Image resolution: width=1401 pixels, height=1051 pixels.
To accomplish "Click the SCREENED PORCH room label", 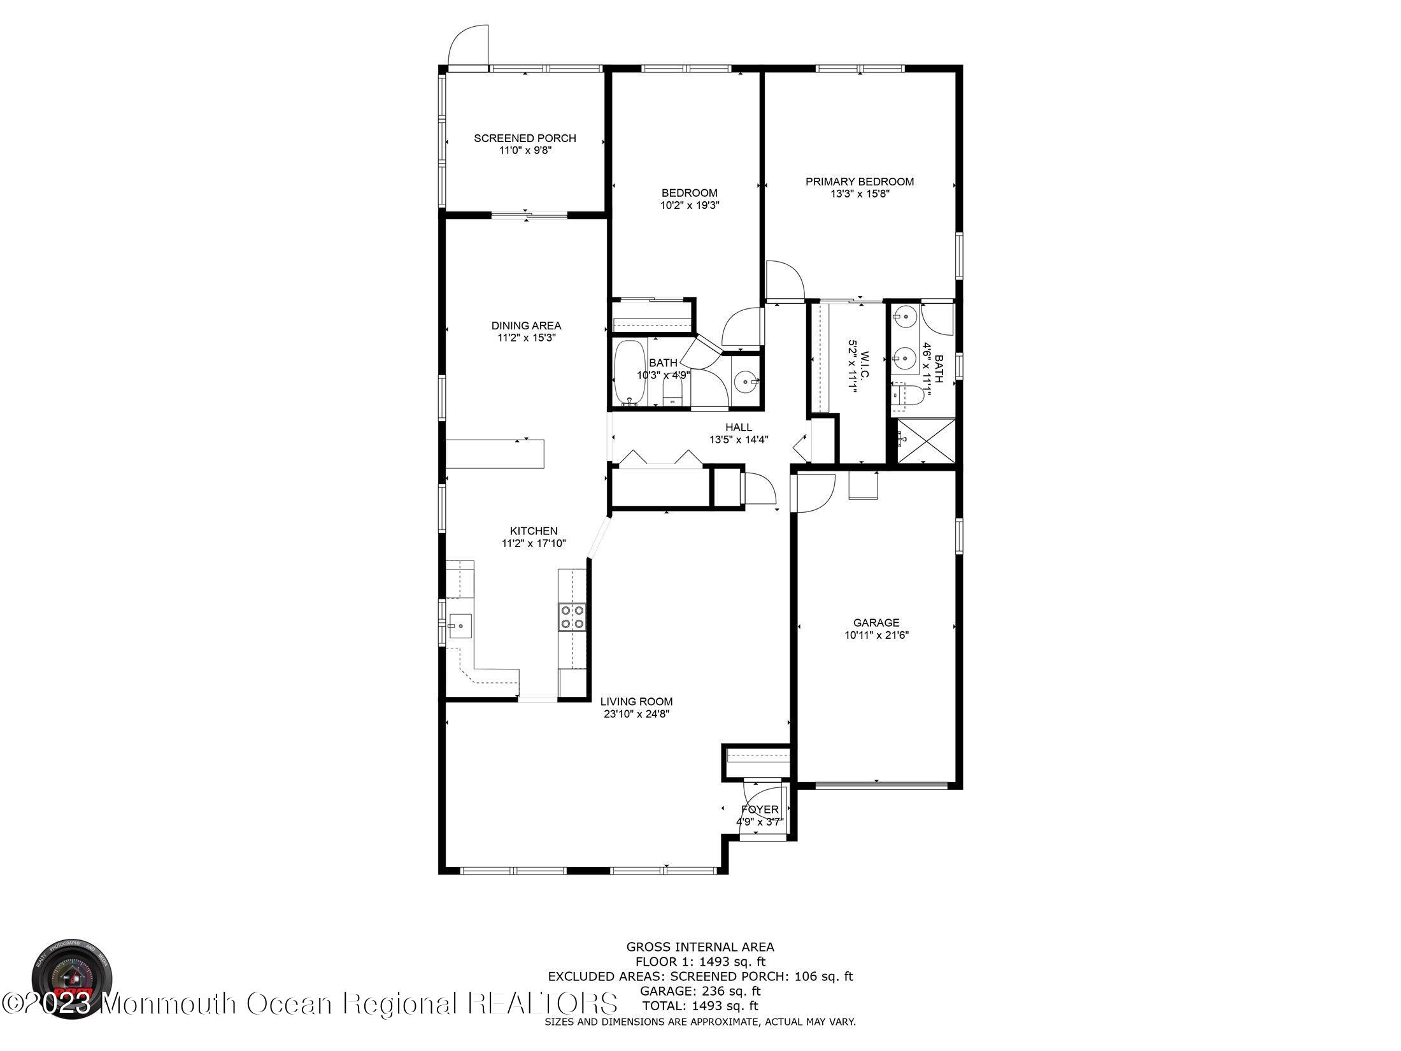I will pyautogui.click(x=525, y=138).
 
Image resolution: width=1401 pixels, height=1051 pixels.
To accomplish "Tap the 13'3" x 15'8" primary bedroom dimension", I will pyautogui.click(x=859, y=194).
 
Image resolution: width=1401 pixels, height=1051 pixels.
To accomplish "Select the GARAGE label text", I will pyautogui.click(x=876, y=623).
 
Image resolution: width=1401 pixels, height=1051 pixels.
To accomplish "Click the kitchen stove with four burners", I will pyautogui.click(x=572, y=617).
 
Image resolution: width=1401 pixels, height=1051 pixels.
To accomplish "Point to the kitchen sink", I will pyautogui.click(x=460, y=626).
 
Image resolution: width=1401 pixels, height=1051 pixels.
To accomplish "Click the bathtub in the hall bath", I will pyautogui.click(x=629, y=372).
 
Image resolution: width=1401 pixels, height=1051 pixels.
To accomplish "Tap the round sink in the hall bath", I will pyautogui.click(x=744, y=382).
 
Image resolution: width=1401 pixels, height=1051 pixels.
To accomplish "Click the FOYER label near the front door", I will pyautogui.click(x=760, y=810).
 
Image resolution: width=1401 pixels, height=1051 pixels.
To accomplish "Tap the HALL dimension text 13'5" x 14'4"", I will pyautogui.click(x=739, y=440).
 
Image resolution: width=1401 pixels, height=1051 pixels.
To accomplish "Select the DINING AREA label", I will pyautogui.click(x=526, y=325).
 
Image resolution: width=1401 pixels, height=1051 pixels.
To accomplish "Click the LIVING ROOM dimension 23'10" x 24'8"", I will pyautogui.click(x=636, y=714).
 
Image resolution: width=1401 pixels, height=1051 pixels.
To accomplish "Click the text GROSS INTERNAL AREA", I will pyautogui.click(x=700, y=947).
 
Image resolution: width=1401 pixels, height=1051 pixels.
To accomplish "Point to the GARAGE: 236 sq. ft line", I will pyautogui.click(x=700, y=991).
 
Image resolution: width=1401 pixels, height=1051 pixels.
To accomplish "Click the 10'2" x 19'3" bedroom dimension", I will pyautogui.click(x=689, y=205).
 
